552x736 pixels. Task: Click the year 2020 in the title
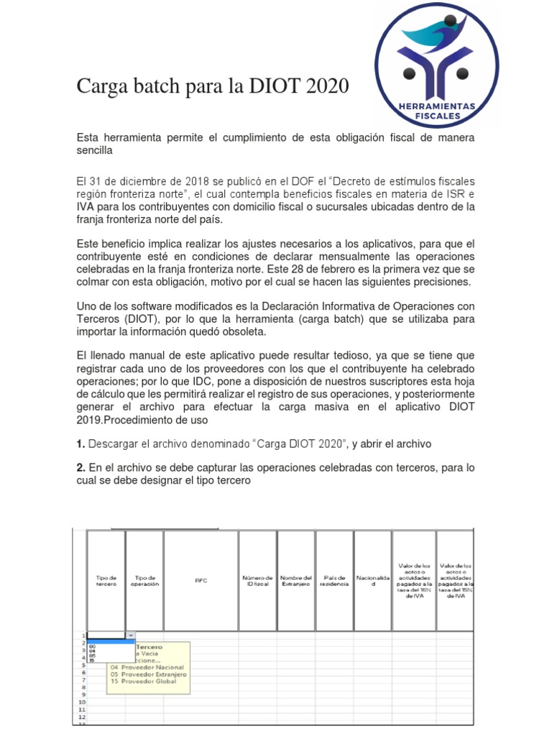[x=328, y=88]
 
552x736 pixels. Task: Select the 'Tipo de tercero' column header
[x=106, y=581]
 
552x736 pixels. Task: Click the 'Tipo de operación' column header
[x=144, y=581]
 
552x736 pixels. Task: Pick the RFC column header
[x=201, y=581]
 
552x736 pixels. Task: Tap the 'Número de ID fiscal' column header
[x=257, y=581]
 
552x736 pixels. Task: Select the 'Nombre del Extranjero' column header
[x=295, y=581]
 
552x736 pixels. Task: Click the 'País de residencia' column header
[x=334, y=581]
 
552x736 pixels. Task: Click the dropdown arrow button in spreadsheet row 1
[x=130, y=635]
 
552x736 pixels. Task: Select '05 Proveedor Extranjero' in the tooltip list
[x=149, y=675]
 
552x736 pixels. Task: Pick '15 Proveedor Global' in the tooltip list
[x=144, y=682]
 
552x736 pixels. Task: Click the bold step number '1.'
[x=81, y=443]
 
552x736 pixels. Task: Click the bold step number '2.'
[x=81, y=468]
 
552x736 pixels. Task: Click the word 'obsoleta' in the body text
[x=245, y=331]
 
